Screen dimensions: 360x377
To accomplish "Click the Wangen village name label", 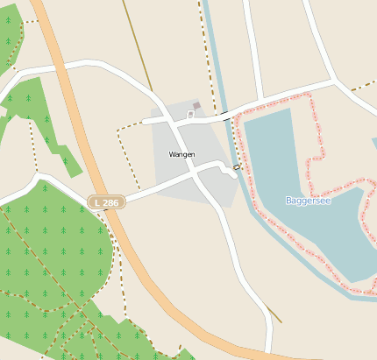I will pyautogui.click(x=181, y=154).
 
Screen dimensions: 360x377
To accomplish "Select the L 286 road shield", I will pyautogui.click(x=106, y=202).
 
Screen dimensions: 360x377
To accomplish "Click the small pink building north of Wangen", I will pyautogui.click(x=196, y=106).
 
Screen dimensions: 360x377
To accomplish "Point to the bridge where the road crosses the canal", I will pyautogui.click(x=226, y=116).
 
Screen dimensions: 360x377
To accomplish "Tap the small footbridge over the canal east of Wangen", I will pyautogui.click(x=237, y=166).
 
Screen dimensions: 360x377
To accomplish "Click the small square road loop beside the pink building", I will pyautogui.click(x=190, y=114).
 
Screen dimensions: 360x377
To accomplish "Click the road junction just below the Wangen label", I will pyautogui.click(x=196, y=174).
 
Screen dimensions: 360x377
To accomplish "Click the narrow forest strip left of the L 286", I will pyautogui.click(x=44, y=123).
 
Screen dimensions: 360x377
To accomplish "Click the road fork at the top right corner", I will pyautogui.click(x=334, y=81).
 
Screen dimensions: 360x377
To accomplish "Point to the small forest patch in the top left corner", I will pyautogui.click(x=9, y=35).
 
